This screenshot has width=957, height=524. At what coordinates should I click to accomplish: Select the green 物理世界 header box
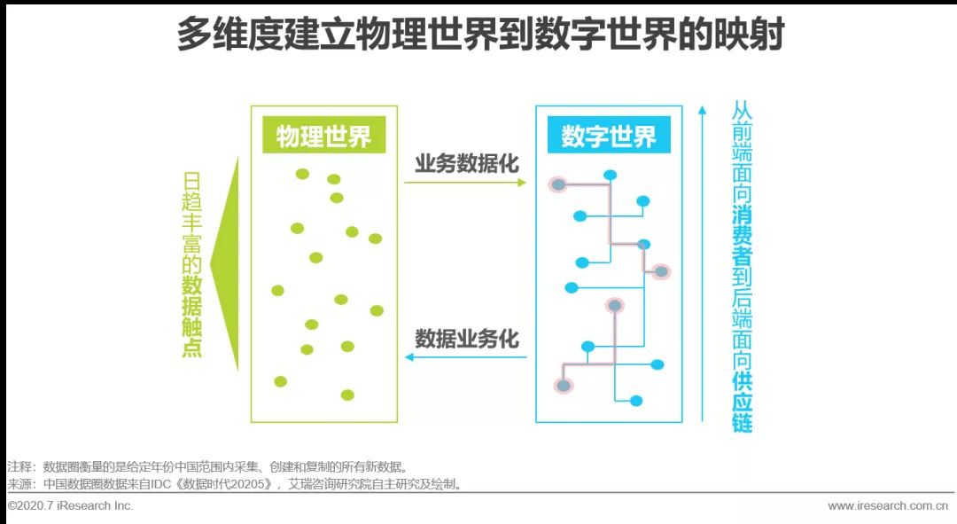coord(323,137)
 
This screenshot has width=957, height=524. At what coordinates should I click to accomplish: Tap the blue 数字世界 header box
coord(608,137)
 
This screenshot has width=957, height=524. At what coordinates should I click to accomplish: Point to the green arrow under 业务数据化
coord(465,183)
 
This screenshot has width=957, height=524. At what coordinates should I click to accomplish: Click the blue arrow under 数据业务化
coord(465,357)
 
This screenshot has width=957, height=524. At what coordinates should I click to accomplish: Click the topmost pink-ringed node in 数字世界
coord(557,184)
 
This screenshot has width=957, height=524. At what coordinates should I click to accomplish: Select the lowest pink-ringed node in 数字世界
coord(563,386)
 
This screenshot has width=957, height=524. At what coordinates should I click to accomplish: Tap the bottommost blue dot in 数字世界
coord(635,401)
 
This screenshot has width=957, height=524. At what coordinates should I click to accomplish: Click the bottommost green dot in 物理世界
coord(347,395)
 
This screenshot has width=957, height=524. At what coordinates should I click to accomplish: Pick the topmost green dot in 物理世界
coord(302,174)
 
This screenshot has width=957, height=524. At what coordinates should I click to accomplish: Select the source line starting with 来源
coord(236,484)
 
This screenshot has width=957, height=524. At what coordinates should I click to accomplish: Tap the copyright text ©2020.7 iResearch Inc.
coord(70,505)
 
